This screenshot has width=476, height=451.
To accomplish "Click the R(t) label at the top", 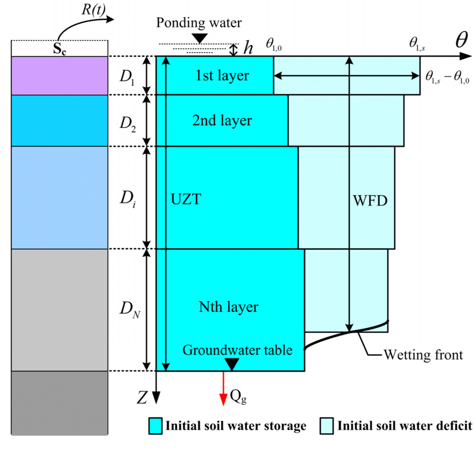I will click(93, 10).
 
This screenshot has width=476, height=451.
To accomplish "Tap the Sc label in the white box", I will click(59, 48).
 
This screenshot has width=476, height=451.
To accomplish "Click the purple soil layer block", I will click(59, 76).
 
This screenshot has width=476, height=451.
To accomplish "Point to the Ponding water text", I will click(199, 23).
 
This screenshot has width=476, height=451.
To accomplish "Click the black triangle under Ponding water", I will click(199, 39).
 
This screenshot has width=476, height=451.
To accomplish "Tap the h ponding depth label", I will click(248, 48).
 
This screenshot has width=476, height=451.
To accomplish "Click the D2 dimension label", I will click(128, 124).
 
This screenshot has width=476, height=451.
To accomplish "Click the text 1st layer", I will click(222, 76).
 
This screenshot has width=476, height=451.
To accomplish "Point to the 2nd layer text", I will click(222, 120).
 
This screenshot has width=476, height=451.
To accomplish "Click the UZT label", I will click(186, 199).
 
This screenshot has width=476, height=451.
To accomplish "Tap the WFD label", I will click(370, 201).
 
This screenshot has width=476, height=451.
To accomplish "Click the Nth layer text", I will click(228, 307).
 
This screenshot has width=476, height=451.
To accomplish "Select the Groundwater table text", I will click(237, 350).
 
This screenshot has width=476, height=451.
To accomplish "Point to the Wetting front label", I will click(423, 355).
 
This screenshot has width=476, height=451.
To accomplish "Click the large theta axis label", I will click(461, 40).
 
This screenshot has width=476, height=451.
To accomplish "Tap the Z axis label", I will click(142, 397).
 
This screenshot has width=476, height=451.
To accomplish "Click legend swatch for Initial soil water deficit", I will click(326, 426).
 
